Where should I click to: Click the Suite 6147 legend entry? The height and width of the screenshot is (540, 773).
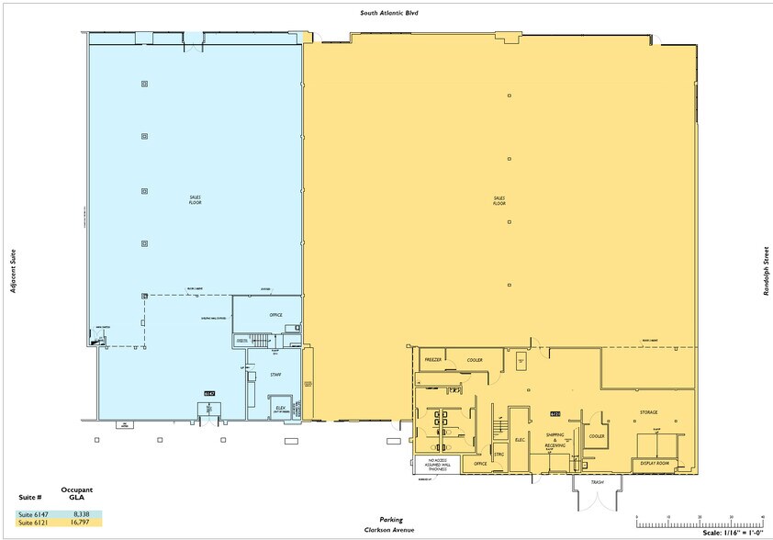point(32,513)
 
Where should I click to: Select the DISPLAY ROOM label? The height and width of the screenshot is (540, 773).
point(655,465)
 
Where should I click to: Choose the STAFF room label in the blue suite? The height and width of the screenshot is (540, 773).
point(275,375)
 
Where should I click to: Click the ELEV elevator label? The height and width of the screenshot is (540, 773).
point(280,409)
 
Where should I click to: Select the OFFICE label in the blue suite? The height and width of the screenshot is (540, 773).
point(275,315)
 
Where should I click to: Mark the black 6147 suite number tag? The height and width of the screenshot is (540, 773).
point(209,393)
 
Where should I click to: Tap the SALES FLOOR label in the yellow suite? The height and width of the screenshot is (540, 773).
point(499,199)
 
